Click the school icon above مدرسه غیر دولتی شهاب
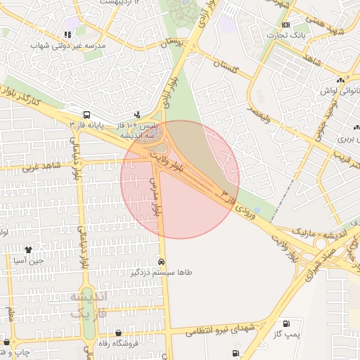pos(68,34)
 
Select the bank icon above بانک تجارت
pos(285,25)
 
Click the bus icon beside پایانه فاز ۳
pos(86,114)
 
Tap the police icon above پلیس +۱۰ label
pos(137,114)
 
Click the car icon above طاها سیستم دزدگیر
pos(162,262)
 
